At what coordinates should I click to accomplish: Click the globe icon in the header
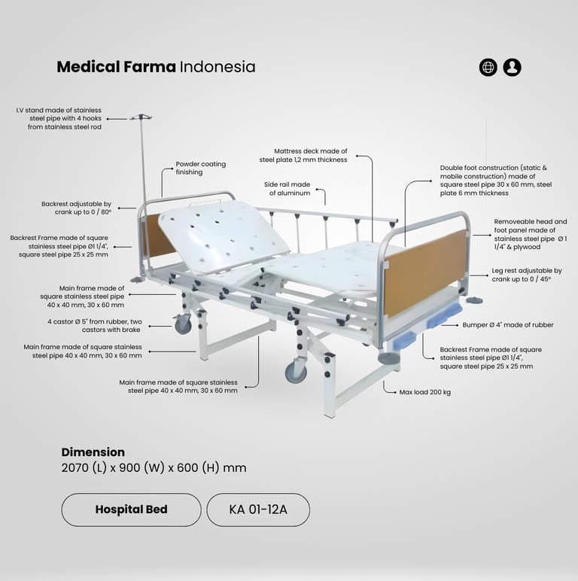[x=488, y=67]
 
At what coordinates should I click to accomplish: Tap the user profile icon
[x=513, y=67]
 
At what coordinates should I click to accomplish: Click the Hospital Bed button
[x=131, y=510]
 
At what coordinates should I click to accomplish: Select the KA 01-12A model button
[x=258, y=510]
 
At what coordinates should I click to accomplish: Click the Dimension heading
[x=93, y=452]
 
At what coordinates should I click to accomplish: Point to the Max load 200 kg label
[x=424, y=392]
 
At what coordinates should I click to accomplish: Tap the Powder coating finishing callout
[x=200, y=168]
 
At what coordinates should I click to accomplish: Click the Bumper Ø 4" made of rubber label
[x=507, y=325]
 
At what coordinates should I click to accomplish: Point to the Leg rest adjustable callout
[x=527, y=275]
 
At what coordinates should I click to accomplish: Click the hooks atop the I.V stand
[x=140, y=117]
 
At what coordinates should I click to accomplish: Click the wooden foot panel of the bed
[x=426, y=272]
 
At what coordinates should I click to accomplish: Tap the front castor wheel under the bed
[x=296, y=371]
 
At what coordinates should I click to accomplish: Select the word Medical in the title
[x=89, y=67]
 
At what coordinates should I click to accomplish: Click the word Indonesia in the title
[x=218, y=67]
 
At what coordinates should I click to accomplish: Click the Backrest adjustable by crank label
[x=77, y=208]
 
